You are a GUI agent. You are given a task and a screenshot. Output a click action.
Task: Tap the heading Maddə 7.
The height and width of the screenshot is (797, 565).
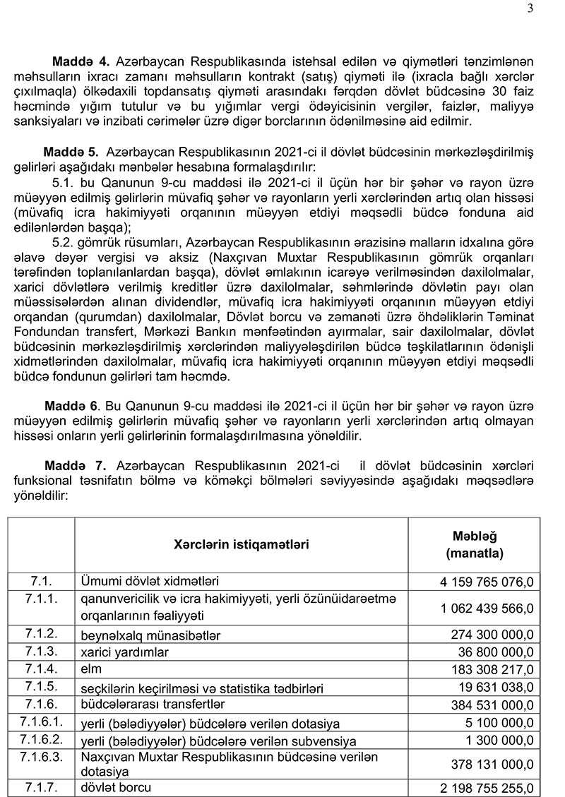[x=75, y=466]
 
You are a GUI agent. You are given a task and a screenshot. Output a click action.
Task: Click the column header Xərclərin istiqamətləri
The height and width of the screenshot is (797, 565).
[x=241, y=544]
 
